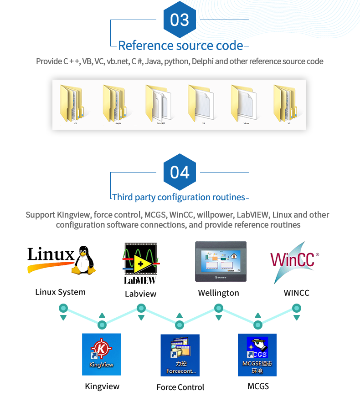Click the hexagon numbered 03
pos(180,20)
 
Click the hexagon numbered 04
pos(180,172)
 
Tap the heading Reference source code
pos(180,46)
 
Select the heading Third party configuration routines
pos(179,197)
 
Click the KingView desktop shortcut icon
pos(101,354)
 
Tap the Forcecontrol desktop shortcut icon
pos(180,355)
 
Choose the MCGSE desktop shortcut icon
pos(257,355)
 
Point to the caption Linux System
pos(60,292)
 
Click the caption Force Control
pos(180,387)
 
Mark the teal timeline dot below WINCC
pos(297,308)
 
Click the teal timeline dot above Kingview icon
pos(102,325)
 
